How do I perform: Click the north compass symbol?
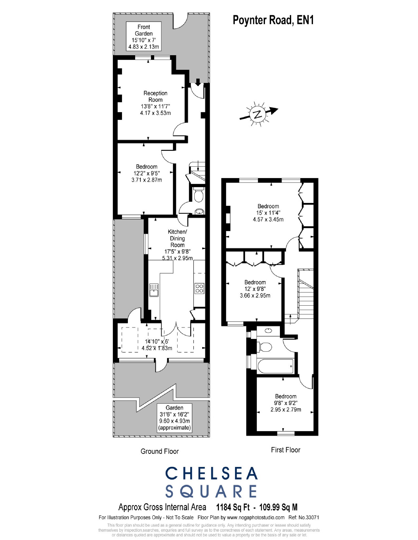click(x=257, y=114)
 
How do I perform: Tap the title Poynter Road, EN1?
click(x=273, y=20)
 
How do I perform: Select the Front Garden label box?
click(x=144, y=37)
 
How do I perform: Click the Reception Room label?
click(x=155, y=103)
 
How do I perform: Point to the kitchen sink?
click(x=154, y=290)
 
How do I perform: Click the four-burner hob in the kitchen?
click(x=199, y=288)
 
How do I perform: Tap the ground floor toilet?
click(x=198, y=195)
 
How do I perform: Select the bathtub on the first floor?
click(x=275, y=366)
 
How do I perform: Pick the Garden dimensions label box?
click(x=174, y=418)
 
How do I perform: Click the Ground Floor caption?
click(x=159, y=451)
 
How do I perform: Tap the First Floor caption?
click(x=286, y=450)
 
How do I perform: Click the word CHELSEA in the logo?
click(x=211, y=473)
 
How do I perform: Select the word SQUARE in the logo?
click(x=211, y=491)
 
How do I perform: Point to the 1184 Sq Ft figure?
click(x=233, y=507)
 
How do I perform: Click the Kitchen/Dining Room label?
click(x=177, y=245)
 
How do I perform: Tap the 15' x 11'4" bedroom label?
click(x=268, y=213)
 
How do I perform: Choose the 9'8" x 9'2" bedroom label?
click(x=286, y=403)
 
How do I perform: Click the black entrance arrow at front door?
click(x=198, y=82)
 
